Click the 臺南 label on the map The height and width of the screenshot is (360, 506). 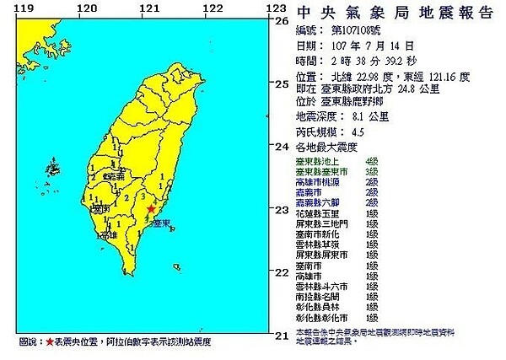click(100, 207)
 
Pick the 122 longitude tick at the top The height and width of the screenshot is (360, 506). click(213, 8)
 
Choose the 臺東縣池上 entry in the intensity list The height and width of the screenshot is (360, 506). click(314, 160)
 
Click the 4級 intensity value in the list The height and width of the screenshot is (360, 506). click(372, 160)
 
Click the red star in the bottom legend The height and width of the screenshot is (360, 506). click(50, 343)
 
